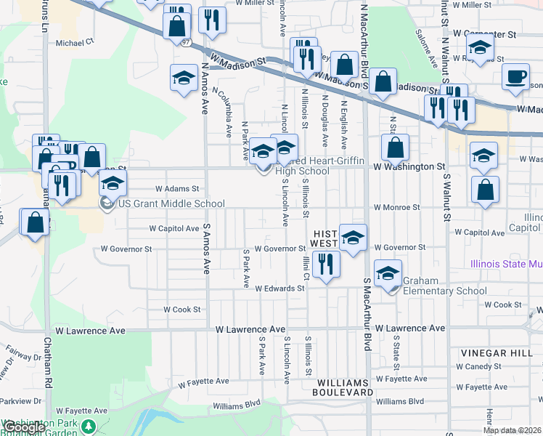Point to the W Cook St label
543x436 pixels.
click(x=181, y=310)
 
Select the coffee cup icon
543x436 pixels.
click(x=516, y=77)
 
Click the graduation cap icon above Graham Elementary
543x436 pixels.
click(x=388, y=273)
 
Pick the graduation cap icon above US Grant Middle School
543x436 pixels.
click(x=113, y=184)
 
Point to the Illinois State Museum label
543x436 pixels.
click(x=506, y=264)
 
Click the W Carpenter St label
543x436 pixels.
click(x=483, y=33)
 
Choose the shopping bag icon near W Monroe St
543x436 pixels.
click(x=485, y=190)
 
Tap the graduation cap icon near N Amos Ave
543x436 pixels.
click(x=184, y=78)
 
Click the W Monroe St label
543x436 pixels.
click(x=396, y=207)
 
